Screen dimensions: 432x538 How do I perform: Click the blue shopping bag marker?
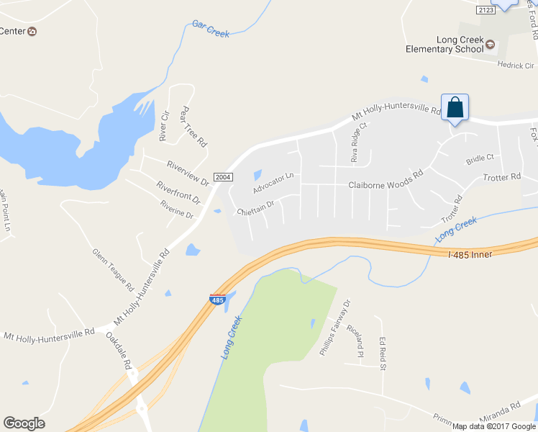[455, 108]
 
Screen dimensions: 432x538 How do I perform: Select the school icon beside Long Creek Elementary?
[491, 45]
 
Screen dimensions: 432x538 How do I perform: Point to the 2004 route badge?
[223, 177]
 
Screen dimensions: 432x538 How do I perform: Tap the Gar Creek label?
[210, 30]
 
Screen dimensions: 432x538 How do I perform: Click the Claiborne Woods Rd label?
[386, 185]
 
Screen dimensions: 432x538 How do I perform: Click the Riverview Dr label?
[187, 173]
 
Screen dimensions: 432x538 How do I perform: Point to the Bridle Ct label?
[480, 158]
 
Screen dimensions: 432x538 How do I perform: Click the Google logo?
[24, 423]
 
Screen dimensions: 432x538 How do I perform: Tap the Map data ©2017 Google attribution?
[493, 426]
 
